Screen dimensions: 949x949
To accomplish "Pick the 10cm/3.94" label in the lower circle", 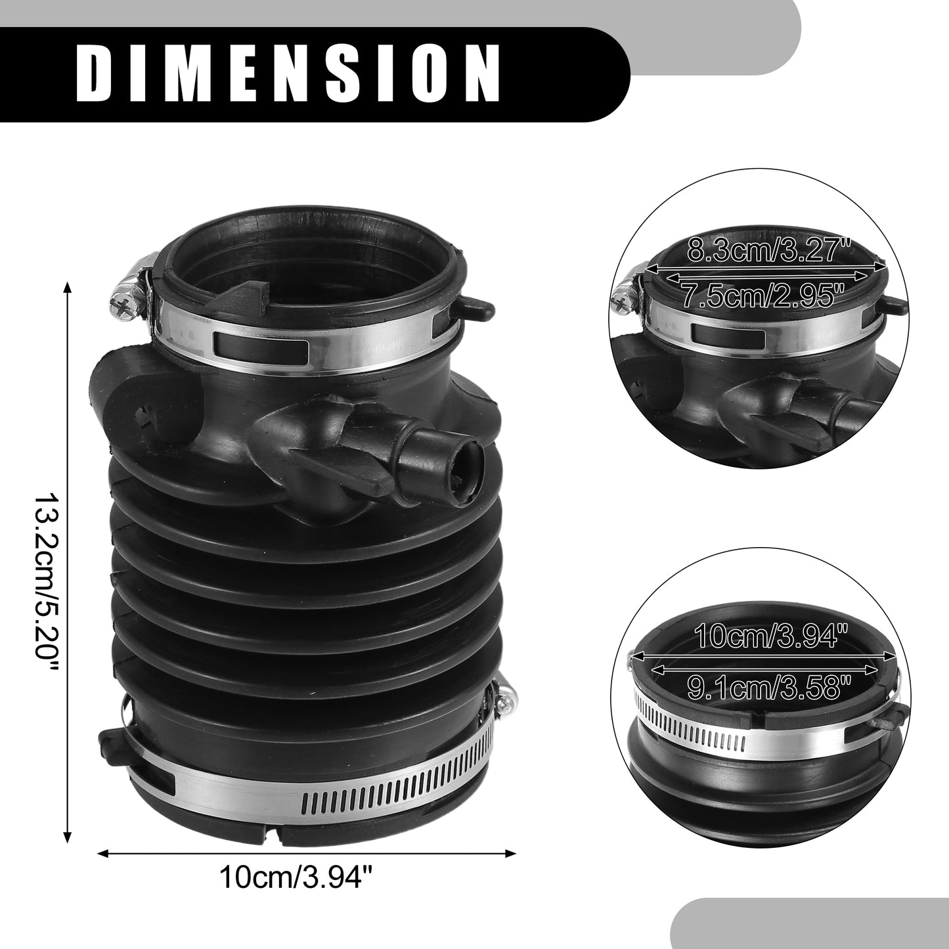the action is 766,636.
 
